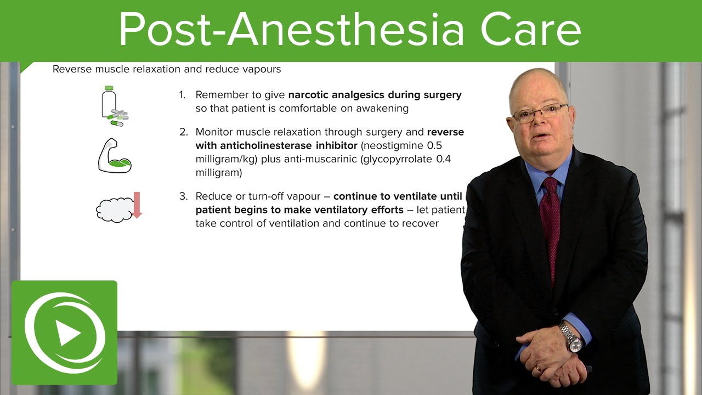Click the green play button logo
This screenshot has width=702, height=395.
point(64,333)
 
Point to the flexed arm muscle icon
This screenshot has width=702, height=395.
point(114,156)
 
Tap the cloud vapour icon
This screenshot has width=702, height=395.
point(114,210)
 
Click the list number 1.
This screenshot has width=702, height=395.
point(183,95)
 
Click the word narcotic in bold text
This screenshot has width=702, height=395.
point(309,95)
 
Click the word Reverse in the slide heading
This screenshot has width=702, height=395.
point(72,69)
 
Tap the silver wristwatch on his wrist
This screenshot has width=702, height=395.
point(571,337)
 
